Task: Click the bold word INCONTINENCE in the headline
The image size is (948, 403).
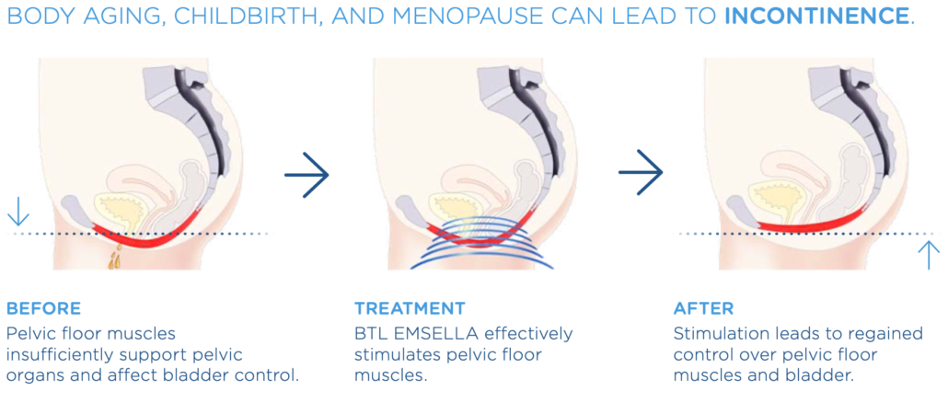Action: click(816, 16)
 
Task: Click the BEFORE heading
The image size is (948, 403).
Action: click(43, 309)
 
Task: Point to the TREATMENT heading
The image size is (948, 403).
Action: click(410, 309)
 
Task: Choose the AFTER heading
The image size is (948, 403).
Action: click(703, 309)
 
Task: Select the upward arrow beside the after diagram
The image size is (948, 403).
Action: click(929, 255)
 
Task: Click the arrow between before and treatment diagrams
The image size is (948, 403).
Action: click(306, 175)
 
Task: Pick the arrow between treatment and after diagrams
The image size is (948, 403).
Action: click(641, 173)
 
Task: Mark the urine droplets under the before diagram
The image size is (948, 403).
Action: click(115, 259)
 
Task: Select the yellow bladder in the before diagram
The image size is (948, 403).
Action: click(120, 212)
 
